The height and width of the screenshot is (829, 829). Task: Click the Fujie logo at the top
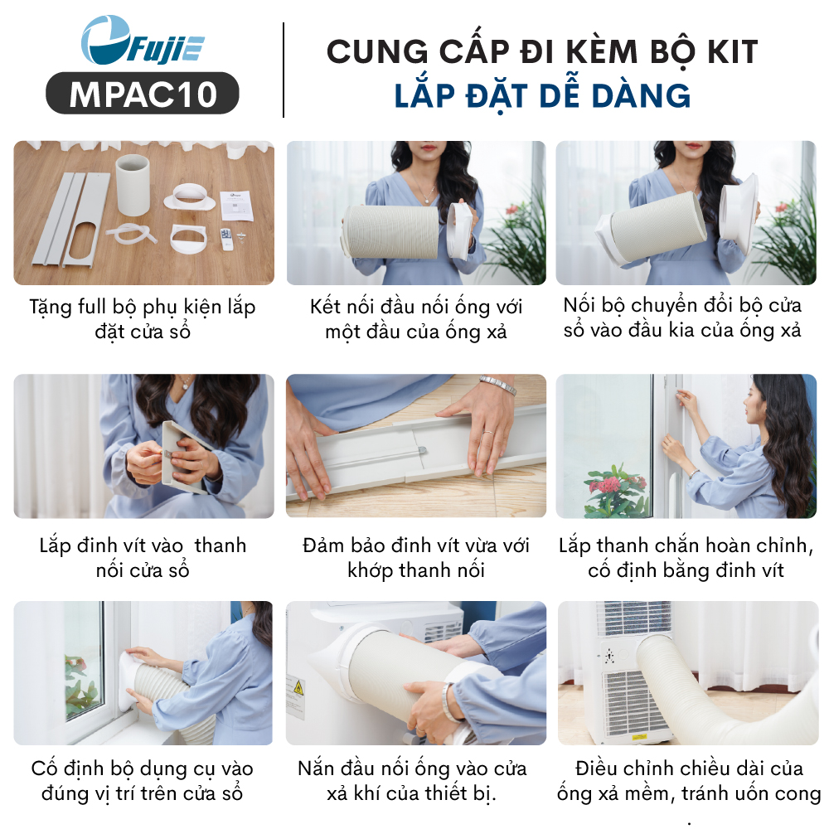(143, 41)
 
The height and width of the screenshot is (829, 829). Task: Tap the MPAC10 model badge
(143, 94)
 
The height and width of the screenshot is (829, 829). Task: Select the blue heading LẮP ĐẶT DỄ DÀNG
(542, 95)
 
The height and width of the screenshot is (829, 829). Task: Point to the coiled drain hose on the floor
(131, 235)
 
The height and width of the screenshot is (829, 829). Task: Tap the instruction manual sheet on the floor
(236, 205)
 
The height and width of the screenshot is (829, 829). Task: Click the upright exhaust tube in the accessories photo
(132, 184)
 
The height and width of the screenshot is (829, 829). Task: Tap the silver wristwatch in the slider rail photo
(498, 385)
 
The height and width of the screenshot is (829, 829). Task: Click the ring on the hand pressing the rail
(488, 433)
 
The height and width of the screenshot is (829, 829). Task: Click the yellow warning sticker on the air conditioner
(298, 688)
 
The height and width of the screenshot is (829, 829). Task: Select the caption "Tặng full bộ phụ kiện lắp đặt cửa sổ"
(143, 319)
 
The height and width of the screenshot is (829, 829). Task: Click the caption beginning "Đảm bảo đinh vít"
(416, 558)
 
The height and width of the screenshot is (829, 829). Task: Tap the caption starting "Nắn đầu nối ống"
(412, 780)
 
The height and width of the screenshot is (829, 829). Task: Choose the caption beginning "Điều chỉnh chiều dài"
(689, 780)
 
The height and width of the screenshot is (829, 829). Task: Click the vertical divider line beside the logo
(284, 70)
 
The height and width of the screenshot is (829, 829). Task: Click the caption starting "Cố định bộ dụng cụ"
(143, 781)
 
